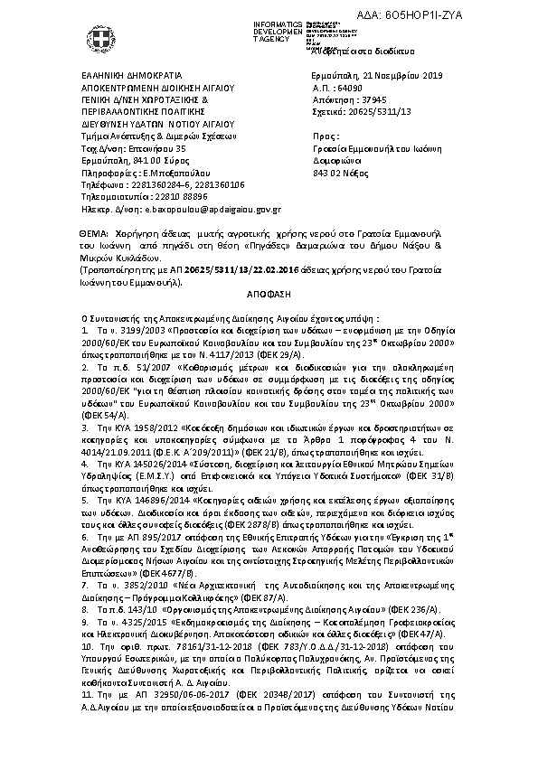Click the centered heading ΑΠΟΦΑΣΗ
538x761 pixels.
point(268,296)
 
